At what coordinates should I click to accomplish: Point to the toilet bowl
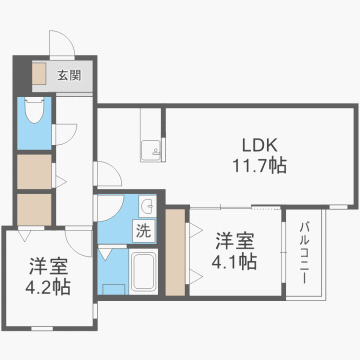pos(34,115)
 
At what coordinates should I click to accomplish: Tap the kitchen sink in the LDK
pos(153,151)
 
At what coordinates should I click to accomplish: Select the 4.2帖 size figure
pos(47,288)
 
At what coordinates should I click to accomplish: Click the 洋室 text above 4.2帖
pos(47,267)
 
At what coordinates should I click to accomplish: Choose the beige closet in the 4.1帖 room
pos(177,251)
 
